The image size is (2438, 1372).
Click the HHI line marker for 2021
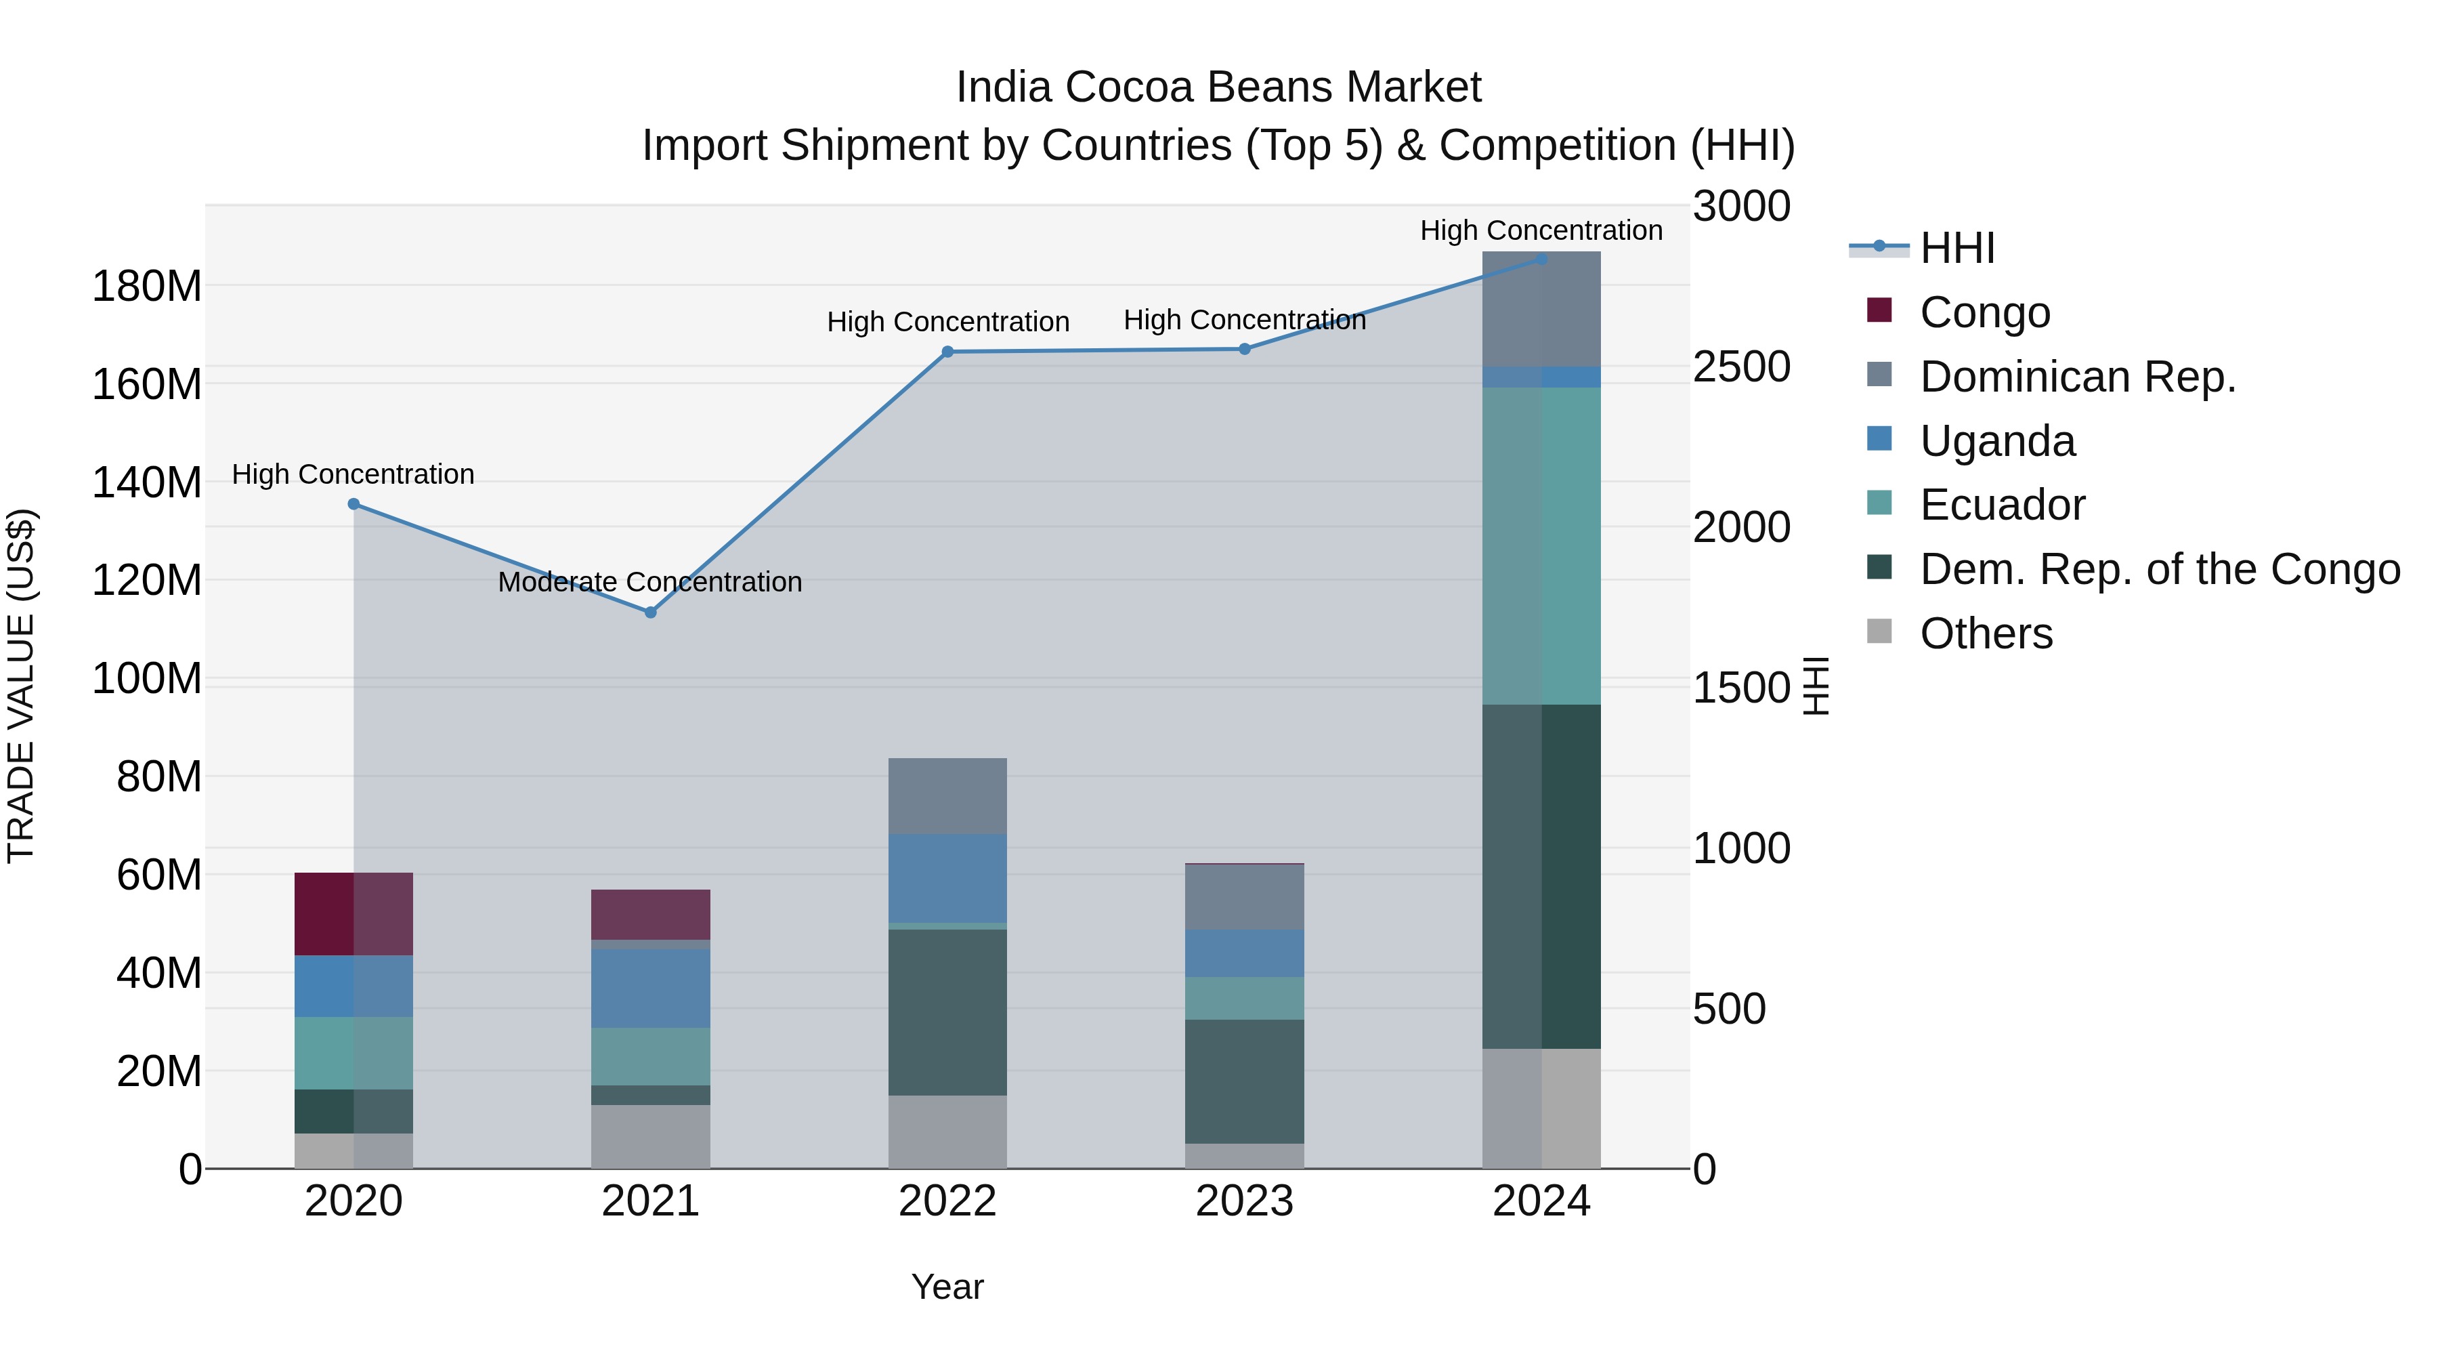[650, 612]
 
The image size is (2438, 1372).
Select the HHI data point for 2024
[1541, 259]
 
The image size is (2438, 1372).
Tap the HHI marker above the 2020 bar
[354, 503]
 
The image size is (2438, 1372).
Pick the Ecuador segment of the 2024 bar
[1541, 545]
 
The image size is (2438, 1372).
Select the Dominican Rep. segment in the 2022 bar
[947, 795]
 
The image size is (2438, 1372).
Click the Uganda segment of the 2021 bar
[650, 989]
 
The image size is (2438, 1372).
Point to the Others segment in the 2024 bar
[1541, 1108]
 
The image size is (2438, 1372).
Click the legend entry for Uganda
[1997, 441]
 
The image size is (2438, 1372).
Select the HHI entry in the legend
[1956, 248]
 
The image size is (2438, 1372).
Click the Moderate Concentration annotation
[649, 581]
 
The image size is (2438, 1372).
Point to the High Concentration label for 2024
[1541, 230]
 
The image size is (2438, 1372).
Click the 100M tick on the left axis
[147, 679]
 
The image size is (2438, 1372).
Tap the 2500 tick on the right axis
[1741, 367]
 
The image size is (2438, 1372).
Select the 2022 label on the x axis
[947, 1201]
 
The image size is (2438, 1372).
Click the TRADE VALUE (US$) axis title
[21, 686]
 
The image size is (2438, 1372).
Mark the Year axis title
[947, 1287]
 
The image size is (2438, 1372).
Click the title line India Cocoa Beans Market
[1218, 87]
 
